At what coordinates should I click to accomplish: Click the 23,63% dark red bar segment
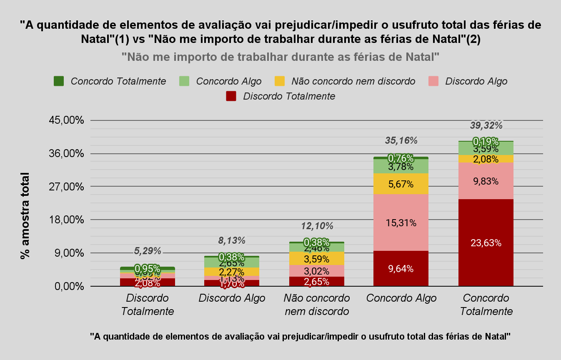tap(486, 242)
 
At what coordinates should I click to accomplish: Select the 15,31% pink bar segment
tap(401, 222)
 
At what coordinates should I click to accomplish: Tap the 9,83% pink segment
tap(486, 181)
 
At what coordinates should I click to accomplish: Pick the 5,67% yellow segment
tap(401, 184)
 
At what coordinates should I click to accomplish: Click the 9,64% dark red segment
tap(401, 268)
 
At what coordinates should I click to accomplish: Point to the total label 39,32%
tap(486, 125)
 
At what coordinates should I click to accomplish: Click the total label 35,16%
tap(401, 140)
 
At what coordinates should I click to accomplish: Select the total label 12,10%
tap(317, 226)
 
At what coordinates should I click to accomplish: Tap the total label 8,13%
tap(232, 240)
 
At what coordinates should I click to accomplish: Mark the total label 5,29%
tap(147, 251)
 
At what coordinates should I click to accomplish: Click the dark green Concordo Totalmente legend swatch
tap(59, 81)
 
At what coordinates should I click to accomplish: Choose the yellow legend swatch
tap(280, 81)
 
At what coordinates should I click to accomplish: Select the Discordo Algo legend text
tap(476, 81)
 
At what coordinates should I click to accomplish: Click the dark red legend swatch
tap(231, 96)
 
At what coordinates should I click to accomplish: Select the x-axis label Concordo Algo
tap(401, 298)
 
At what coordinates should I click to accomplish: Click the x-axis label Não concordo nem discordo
tap(317, 305)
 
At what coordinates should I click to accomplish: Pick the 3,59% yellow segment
tap(317, 258)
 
